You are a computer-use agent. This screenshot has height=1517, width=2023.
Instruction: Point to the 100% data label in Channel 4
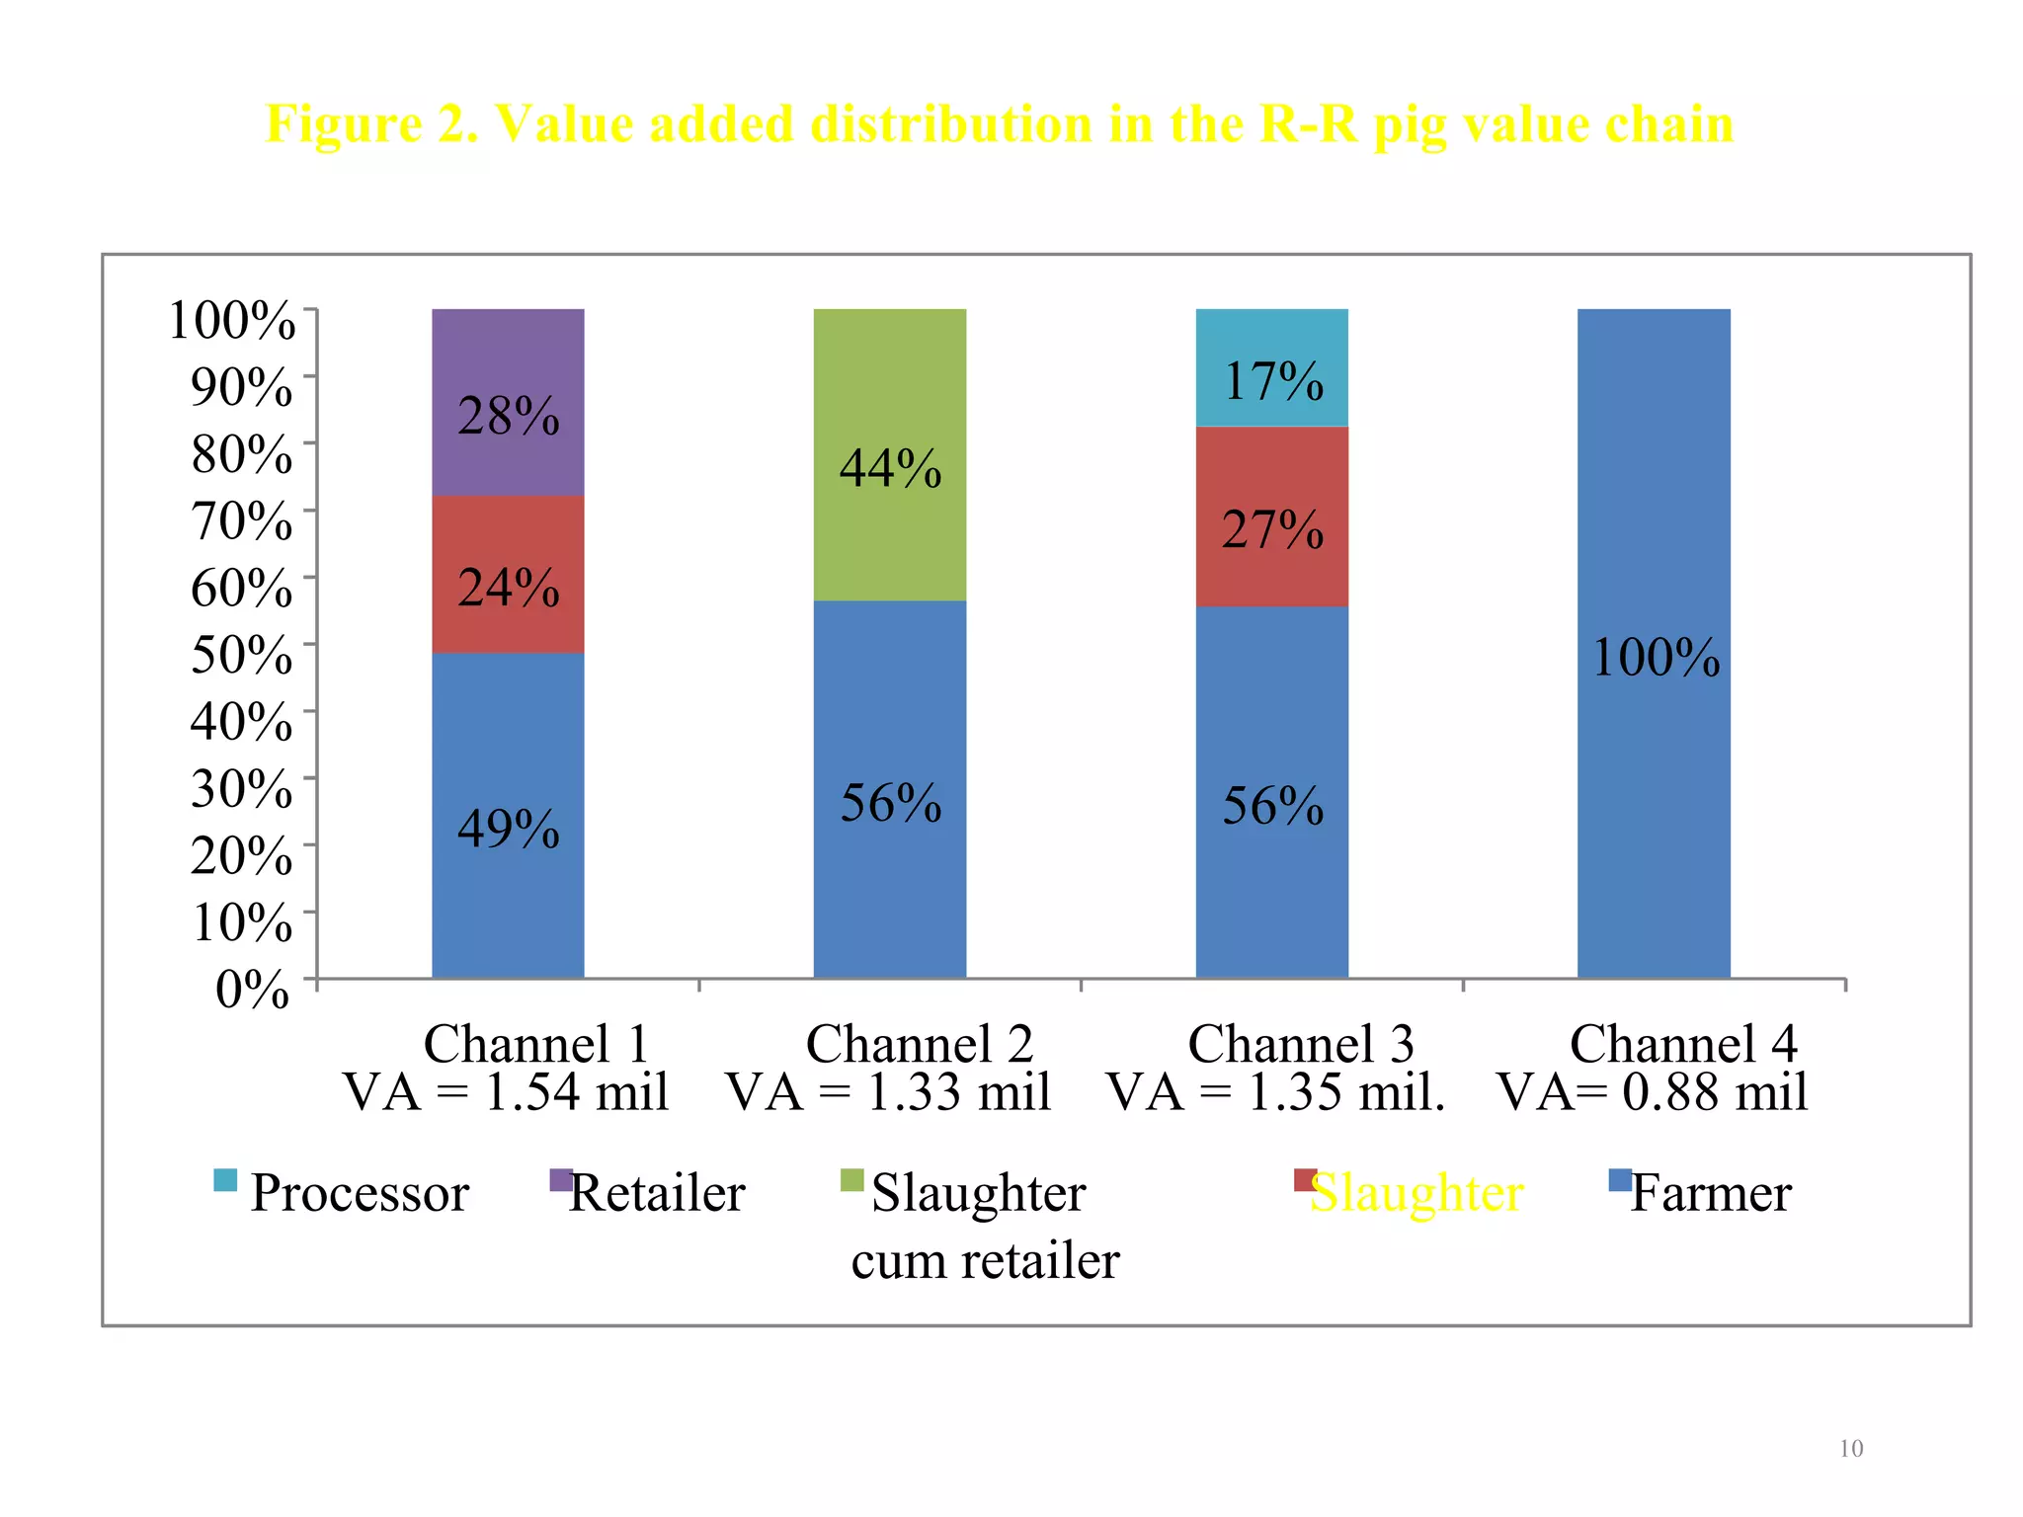(x=1656, y=658)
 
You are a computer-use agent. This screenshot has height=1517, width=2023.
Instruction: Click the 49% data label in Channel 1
(x=508, y=829)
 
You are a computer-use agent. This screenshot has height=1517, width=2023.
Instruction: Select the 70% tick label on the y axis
(x=241, y=520)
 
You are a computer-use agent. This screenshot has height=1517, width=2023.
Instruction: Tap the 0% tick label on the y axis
(x=253, y=989)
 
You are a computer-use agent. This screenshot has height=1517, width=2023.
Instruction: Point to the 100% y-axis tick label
(x=232, y=320)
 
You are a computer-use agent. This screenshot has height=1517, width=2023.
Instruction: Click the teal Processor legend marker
(x=225, y=1180)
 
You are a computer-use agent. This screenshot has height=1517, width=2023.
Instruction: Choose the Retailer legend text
(x=657, y=1193)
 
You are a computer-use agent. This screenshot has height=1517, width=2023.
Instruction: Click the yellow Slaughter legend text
(x=1416, y=1193)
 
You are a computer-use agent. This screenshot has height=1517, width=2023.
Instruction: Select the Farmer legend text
(x=1710, y=1193)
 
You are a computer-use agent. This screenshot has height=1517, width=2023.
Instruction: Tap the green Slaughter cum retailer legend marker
(x=851, y=1180)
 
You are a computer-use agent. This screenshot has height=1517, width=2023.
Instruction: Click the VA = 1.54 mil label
(x=506, y=1092)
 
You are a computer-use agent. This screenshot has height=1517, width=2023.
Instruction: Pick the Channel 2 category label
(x=919, y=1044)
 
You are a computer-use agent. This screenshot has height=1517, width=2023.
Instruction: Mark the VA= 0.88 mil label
(x=1652, y=1092)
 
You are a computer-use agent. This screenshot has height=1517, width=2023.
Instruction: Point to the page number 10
(x=1850, y=1449)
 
